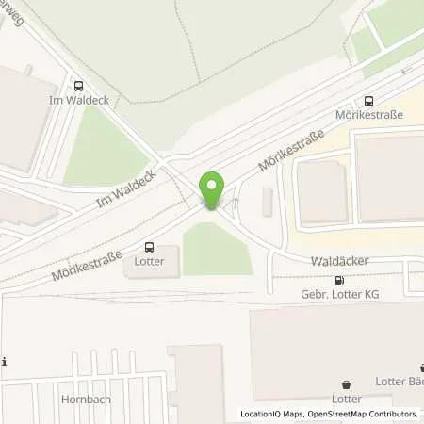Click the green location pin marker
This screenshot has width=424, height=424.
pos(212,188)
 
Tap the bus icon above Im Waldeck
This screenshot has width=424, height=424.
pos(78,84)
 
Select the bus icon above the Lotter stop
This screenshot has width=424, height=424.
pos(148,247)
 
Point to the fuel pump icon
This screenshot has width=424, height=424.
pos(339,280)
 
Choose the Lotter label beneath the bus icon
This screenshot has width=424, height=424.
pos(148,261)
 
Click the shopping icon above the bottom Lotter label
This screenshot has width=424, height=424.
pos(348,384)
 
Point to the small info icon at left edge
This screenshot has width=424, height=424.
pos(5,362)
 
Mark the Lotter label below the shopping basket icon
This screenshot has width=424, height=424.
pos(348,400)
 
